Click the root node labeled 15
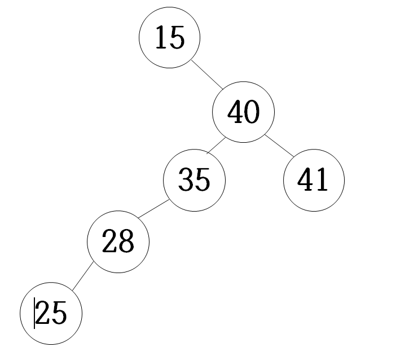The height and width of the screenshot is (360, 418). click(170, 37)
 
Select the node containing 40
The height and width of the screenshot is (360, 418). click(243, 112)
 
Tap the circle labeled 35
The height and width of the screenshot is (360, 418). click(195, 180)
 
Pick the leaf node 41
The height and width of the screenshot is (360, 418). click(314, 180)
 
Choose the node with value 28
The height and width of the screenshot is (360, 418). click(118, 242)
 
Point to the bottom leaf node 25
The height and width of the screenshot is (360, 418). click(51, 313)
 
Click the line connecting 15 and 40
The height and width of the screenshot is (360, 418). click(207, 74)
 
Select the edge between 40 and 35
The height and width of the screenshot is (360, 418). click(216, 146)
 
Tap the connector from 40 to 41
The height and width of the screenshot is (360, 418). click(279, 146)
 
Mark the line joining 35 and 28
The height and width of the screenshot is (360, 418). click(153, 209)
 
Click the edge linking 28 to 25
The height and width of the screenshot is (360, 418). click(82, 276)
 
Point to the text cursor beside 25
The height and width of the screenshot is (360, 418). click(34, 313)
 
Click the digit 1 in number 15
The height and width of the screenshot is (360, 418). click(161, 37)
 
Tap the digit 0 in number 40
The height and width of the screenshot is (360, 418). click(252, 112)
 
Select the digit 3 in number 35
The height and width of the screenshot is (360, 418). click(186, 180)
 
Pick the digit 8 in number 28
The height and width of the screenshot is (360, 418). click(126, 241)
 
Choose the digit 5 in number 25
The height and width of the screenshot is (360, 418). click(59, 313)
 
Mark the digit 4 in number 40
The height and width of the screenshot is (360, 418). click(235, 112)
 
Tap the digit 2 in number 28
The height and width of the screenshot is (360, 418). click(109, 241)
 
